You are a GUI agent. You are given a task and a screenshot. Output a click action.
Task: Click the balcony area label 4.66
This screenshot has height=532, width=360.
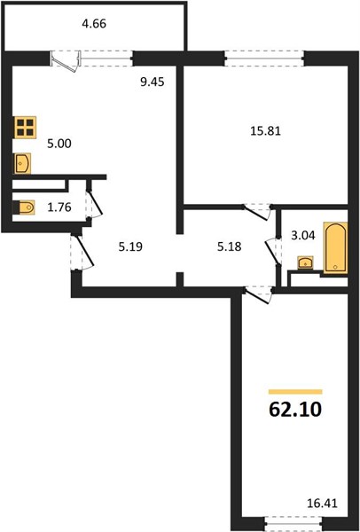[94, 24]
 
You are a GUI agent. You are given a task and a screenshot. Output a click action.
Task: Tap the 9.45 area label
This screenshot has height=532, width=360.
[153, 82]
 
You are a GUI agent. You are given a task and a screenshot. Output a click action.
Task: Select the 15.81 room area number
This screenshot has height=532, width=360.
[265, 130]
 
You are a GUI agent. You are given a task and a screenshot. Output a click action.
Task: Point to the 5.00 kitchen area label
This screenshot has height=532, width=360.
[59, 144]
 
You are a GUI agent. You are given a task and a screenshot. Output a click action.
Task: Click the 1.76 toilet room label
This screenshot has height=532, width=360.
[59, 207]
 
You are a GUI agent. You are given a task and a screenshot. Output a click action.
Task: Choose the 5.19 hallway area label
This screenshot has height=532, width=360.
[130, 246]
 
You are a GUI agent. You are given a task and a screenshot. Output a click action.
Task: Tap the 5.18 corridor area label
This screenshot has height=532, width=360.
[230, 246]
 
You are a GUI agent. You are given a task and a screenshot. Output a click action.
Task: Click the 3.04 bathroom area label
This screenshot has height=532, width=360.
[303, 235]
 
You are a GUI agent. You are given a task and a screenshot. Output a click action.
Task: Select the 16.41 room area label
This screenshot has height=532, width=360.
[322, 503]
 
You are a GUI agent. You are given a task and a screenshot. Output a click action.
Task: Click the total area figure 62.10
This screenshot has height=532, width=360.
[295, 410]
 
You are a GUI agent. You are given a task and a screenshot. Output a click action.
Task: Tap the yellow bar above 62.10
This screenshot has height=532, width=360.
[295, 392]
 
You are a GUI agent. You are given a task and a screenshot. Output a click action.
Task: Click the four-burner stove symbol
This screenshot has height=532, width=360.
[25, 127]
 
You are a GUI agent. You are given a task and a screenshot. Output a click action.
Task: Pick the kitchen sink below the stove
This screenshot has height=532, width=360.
[22, 163]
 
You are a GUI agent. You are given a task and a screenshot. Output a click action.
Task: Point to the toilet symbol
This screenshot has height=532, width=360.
[24, 207]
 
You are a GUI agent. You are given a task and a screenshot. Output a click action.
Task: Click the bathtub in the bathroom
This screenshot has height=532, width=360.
[335, 247]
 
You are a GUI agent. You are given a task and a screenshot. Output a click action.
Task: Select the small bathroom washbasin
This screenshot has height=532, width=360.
[306, 263]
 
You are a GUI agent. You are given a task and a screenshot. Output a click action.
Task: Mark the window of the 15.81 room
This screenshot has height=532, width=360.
[264, 58]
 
